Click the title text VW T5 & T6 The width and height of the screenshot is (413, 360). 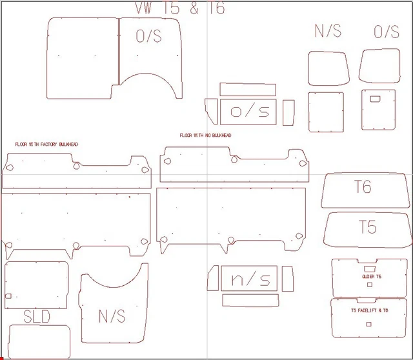179,8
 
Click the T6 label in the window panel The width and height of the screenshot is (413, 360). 363,188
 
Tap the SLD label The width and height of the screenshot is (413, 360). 37,316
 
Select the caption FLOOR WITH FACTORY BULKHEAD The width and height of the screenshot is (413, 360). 46,145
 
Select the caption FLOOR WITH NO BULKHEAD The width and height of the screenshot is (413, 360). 205,135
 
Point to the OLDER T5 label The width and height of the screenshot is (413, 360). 372,277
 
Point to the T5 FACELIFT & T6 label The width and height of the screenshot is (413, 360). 370,311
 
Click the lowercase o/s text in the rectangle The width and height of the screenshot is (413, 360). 249,112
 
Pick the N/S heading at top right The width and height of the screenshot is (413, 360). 328,31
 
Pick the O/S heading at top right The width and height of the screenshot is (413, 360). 387,31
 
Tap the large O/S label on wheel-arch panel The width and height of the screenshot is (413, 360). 149,36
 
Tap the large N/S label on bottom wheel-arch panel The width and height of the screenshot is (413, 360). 112,316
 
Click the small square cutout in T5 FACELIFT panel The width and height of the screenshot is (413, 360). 368,324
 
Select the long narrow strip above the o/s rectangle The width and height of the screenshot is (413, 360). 248,89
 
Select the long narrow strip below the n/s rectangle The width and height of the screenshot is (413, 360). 250,300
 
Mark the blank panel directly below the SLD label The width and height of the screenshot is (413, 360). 39,341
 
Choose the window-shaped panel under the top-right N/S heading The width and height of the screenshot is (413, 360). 328,68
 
